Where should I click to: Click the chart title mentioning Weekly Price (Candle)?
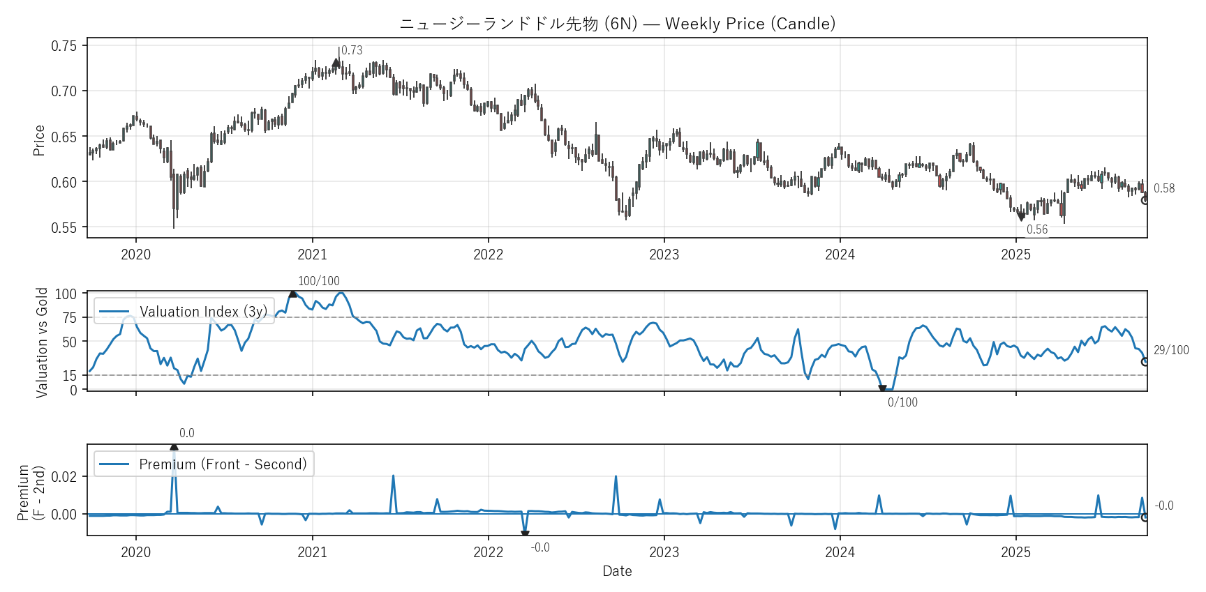click(x=617, y=24)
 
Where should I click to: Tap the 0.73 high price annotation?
click(x=352, y=50)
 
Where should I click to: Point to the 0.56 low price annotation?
click(x=1036, y=229)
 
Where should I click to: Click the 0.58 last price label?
click(x=1163, y=188)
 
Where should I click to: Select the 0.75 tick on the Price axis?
click(x=64, y=46)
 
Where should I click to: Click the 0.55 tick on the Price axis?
click(x=64, y=228)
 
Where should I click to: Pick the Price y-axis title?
click(x=39, y=140)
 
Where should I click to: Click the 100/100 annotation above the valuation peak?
click(x=318, y=281)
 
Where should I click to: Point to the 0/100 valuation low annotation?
click(x=902, y=402)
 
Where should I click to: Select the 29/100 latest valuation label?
click(x=1170, y=350)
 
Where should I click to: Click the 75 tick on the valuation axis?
click(x=69, y=318)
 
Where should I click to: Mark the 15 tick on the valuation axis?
click(x=69, y=376)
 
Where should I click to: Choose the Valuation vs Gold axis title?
click(x=42, y=342)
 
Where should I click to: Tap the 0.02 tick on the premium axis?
click(x=64, y=477)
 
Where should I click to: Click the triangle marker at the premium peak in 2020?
click(x=174, y=447)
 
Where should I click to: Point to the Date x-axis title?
click(x=617, y=571)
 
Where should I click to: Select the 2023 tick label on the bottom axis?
click(x=664, y=552)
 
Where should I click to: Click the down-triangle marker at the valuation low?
click(x=882, y=389)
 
